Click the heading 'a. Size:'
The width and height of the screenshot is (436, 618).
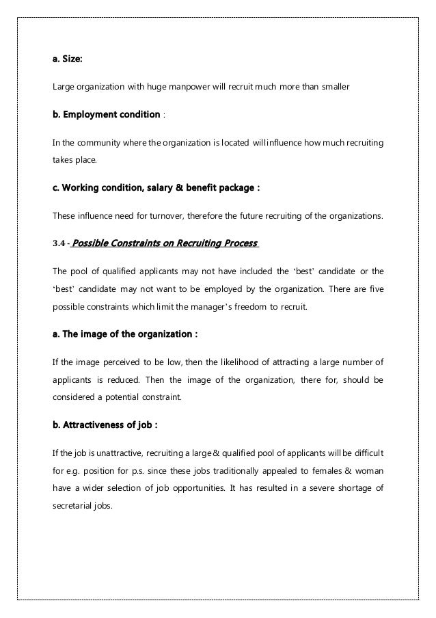(x=68, y=60)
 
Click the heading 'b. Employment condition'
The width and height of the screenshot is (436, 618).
(x=105, y=113)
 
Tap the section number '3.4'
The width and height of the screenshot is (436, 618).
(x=59, y=243)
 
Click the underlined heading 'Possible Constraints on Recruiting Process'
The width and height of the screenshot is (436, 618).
(x=164, y=243)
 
